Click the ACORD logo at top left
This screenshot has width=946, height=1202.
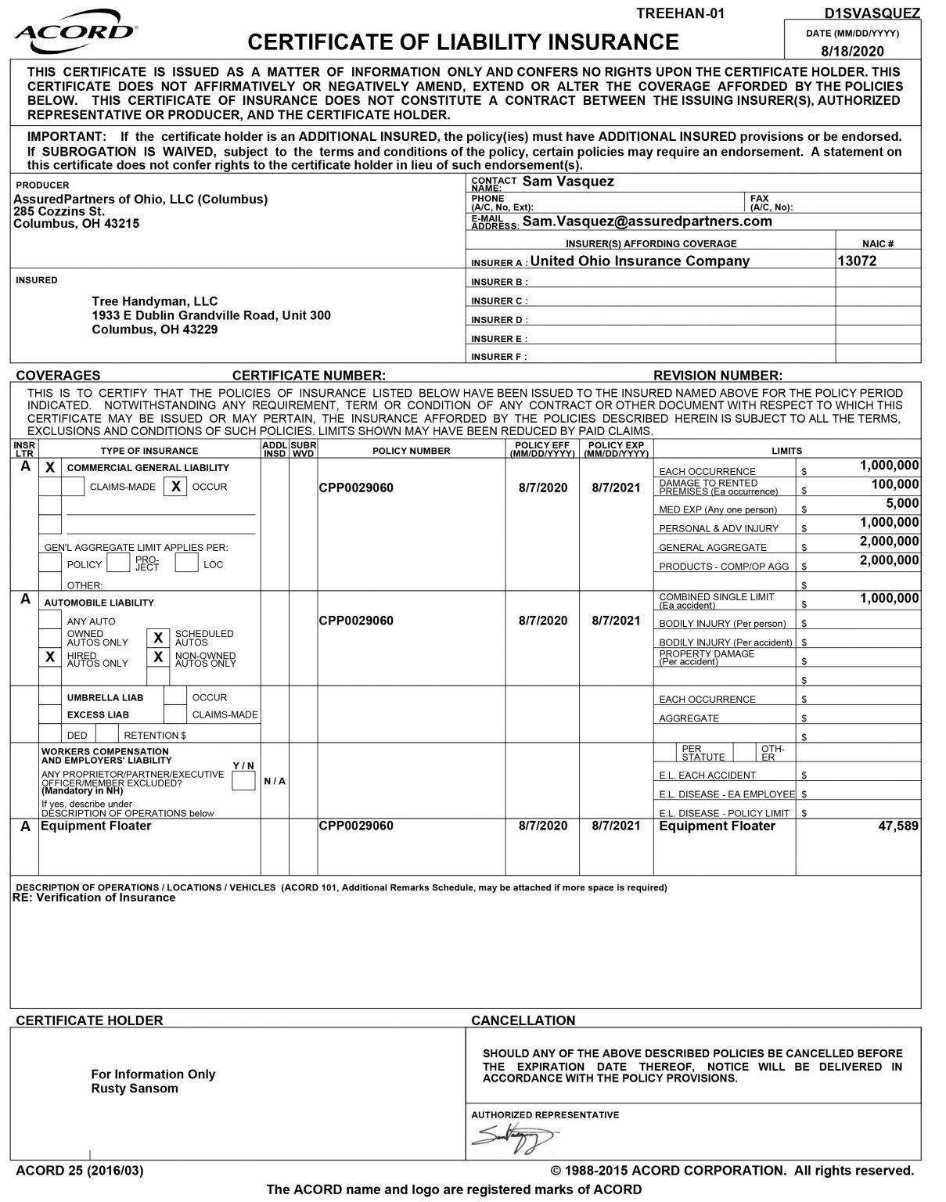coord(75,32)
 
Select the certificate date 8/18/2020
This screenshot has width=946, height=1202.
coord(852,52)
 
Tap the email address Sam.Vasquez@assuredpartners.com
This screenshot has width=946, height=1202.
coord(647,221)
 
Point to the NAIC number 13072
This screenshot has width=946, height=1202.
coord(857,261)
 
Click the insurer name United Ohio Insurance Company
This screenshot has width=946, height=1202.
coord(639,261)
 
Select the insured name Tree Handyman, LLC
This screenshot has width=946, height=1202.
coord(155,301)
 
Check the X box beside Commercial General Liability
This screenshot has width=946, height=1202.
coord(50,468)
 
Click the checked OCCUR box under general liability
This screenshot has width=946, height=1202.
coord(176,487)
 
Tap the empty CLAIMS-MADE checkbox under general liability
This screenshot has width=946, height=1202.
coord(74,487)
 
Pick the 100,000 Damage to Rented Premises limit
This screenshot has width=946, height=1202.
coord(895,485)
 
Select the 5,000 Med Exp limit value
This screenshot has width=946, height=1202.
coord(902,504)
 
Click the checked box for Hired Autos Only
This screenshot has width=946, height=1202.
coord(50,657)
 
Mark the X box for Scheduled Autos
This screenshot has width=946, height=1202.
coord(158,639)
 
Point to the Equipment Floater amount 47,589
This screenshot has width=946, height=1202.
coord(898,826)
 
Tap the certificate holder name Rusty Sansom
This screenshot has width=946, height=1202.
coord(135,1089)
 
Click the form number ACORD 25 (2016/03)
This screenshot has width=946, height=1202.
coord(80,1171)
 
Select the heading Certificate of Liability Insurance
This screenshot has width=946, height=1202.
coord(463,41)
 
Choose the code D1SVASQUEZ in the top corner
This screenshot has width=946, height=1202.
coord(872,13)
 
